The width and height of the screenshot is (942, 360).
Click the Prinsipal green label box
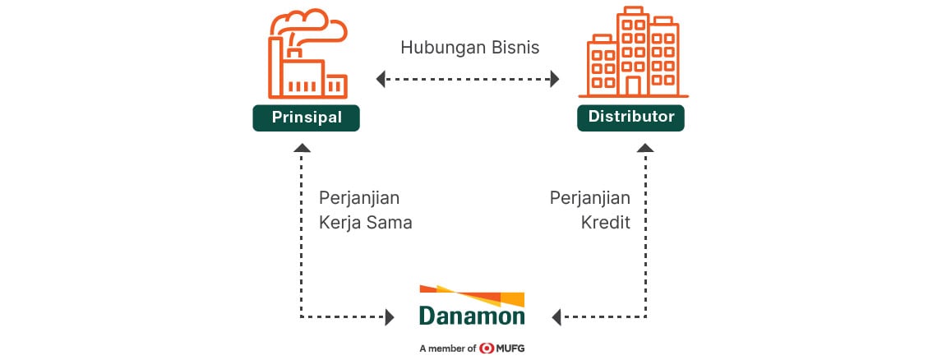pyautogui.click(x=306, y=118)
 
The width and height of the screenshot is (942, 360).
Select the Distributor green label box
pyautogui.click(x=630, y=118)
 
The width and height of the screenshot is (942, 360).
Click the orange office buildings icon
pyautogui.click(x=634, y=53)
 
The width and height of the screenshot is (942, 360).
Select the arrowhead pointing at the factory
pyautogui.click(x=381, y=79)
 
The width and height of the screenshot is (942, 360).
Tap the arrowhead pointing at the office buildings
pyautogui.click(x=555, y=79)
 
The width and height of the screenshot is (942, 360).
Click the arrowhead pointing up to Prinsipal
pyautogui.click(x=302, y=148)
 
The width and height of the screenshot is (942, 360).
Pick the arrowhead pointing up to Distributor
pyautogui.click(x=645, y=148)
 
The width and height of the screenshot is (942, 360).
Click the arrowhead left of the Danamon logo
pyautogui.click(x=390, y=316)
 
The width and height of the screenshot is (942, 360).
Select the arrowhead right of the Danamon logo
pyautogui.click(x=556, y=316)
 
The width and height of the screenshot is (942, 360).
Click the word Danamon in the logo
pyautogui.click(x=472, y=316)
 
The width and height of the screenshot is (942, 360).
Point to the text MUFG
pyautogui.click(x=510, y=348)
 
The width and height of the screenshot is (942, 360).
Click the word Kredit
pyautogui.click(x=606, y=223)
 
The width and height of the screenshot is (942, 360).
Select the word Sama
pyautogui.click(x=391, y=223)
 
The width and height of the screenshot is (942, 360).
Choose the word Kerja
pyautogui.click(x=340, y=224)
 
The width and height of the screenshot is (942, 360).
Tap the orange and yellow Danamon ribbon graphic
pyautogui.click(x=472, y=295)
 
